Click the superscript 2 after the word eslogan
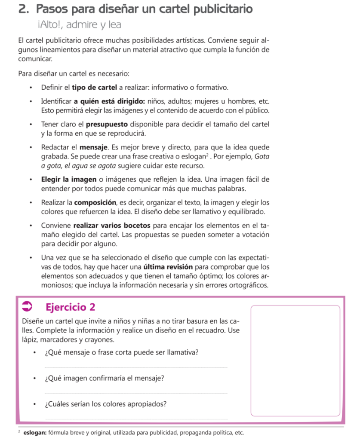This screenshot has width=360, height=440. (x=207, y=154)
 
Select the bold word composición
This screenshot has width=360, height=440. (x=95, y=202)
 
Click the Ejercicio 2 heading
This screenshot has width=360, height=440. (x=70, y=307)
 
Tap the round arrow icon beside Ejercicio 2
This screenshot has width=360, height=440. (x=27, y=307)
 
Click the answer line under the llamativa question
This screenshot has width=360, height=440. (x=135, y=367)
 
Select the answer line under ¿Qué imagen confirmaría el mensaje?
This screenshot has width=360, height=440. (x=135, y=392)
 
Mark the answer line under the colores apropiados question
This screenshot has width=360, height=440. (x=135, y=418)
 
